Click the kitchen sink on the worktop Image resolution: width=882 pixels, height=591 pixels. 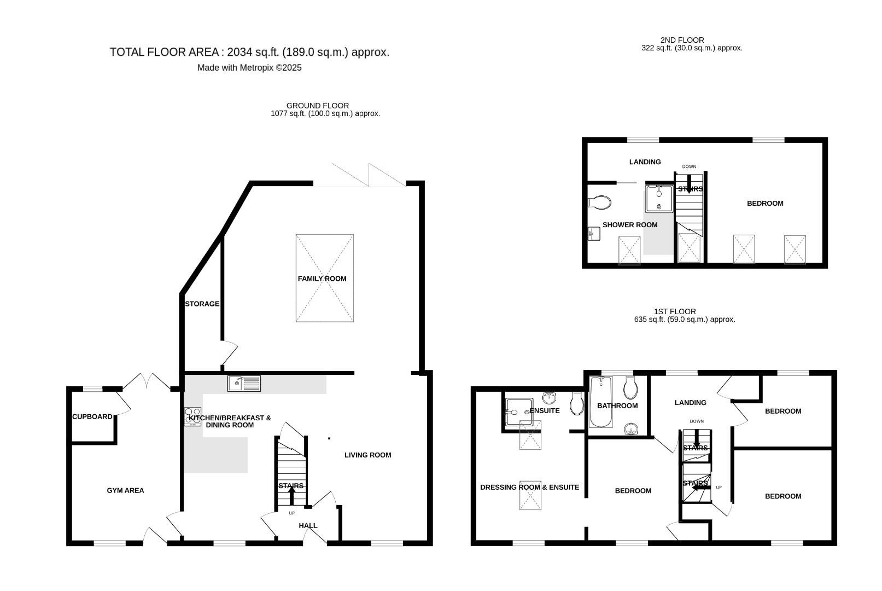point(244,384)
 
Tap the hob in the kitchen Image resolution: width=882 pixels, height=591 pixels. point(192,417)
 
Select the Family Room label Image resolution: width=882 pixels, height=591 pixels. point(322,279)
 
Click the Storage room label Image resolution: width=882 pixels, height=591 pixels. point(202,304)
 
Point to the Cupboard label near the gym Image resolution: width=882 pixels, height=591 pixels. point(92,416)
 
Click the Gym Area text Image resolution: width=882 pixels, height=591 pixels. point(125,490)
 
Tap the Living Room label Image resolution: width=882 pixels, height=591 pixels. point(368,455)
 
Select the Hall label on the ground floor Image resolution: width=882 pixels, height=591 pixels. point(308,525)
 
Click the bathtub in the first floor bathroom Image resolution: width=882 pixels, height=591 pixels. point(601,402)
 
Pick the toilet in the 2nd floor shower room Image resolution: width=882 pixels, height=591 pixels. point(599,202)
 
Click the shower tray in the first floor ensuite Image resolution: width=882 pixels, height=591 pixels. point(519,412)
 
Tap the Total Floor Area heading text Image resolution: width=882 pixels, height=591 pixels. point(249,53)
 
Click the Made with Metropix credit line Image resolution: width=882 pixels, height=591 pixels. point(249,68)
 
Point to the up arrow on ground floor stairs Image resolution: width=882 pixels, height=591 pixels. point(292,495)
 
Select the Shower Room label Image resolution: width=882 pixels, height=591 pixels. point(630,225)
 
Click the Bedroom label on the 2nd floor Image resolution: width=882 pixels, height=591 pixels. point(765,204)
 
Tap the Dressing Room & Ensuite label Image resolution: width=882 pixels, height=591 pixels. point(530,488)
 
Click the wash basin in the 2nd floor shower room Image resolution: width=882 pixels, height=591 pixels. point(594,234)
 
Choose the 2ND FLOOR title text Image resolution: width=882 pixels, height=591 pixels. point(682,40)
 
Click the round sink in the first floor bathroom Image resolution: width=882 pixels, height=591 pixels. point(631,429)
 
